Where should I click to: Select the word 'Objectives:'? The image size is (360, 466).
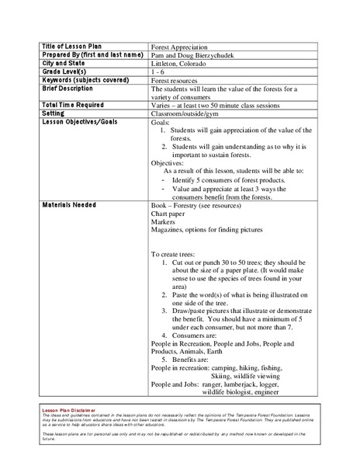170,164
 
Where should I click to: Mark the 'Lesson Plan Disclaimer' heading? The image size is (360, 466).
72,409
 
